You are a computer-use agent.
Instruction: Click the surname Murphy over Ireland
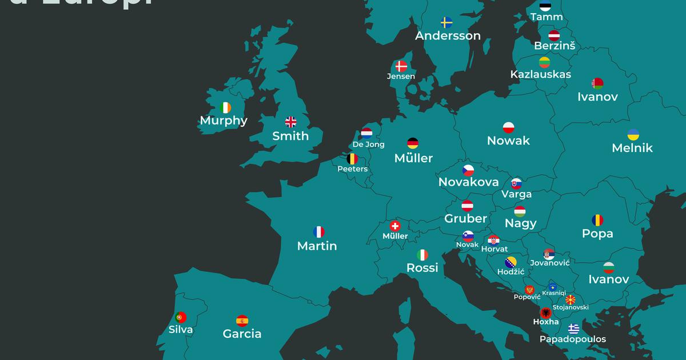pyautogui.click(x=224, y=121)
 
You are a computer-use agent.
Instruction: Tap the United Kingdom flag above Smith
pyautogui.click(x=291, y=122)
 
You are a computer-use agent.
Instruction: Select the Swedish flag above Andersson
pyautogui.click(x=447, y=22)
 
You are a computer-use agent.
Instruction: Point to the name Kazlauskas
pyautogui.click(x=540, y=74)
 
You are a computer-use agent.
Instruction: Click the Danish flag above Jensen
pyautogui.click(x=401, y=66)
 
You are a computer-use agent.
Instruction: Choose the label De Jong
pyautogui.click(x=369, y=145)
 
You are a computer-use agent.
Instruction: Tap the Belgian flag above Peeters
pyautogui.click(x=353, y=159)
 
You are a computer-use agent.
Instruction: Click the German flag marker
pyautogui.click(x=413, y=143)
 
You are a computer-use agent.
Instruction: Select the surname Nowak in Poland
pyautogui.click(x=508, y=141)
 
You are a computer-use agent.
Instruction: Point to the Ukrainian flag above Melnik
pyautogui.click(x=633, y=135)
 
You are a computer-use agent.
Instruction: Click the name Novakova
pyautogui.click(x=468, y=182)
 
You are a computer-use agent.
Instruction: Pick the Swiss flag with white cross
pyautogui.click(x=395, y=226)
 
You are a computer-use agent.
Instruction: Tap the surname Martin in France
pyautogui.click(x=317, y=246)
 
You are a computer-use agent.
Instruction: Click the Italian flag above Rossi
pyautogui.click(x=422, y=254)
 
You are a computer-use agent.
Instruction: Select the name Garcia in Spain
pyautogui.click(x=242, y=334)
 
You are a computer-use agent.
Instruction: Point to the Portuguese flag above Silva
pyautogui.click(x=181, y=317)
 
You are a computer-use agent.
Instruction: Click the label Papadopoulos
pyautogui.click(x=573, y=339)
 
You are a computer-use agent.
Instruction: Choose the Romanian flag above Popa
pyautogui.click(x=597, y=220)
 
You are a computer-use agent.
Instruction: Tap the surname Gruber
pyautogui.click(x=466, y=218)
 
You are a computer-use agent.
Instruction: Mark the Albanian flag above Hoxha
pyautogui.click(x=546, y=313)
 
